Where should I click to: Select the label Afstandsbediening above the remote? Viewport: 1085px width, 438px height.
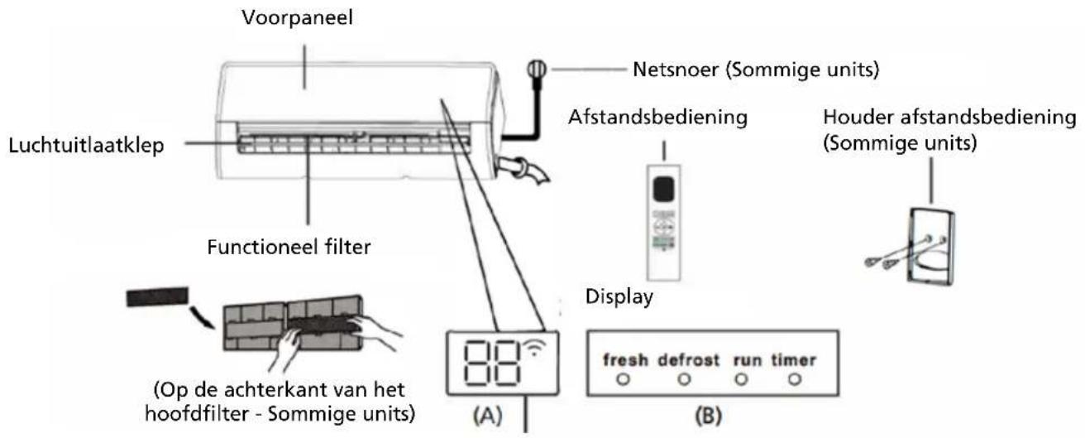[x=657, y=118]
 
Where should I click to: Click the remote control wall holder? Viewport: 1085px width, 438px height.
[x=931, y=246]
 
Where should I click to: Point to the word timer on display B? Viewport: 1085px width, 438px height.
[x=794, y=360]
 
